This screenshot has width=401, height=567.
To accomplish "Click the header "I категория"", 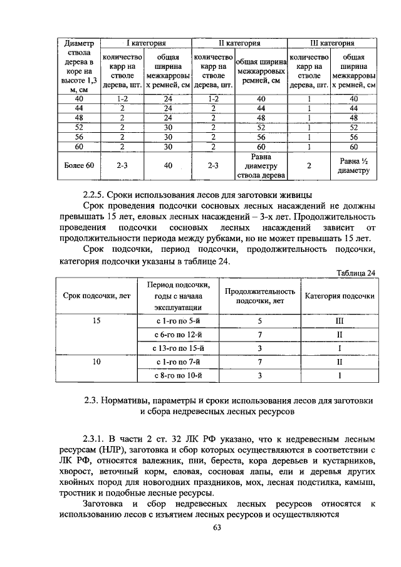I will tap(146, 43).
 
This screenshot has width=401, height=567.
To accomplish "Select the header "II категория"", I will tap(239, 43).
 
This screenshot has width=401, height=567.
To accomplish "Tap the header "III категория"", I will tap(331, 43).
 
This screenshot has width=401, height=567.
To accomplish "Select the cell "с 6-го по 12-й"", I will tap(181, 335).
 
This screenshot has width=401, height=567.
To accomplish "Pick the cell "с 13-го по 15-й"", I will tap(181, 348).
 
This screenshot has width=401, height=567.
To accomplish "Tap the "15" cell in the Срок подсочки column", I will tap(96, 321).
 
